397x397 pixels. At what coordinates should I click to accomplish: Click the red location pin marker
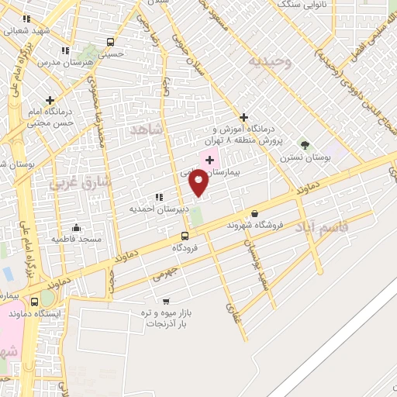[199, 184]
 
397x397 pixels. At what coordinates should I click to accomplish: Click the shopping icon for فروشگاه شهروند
[254, 213]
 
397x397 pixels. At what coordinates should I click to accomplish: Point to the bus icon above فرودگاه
[184, 236]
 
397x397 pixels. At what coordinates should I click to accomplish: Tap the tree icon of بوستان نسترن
[305, 145]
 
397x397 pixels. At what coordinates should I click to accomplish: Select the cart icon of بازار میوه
[165, 301]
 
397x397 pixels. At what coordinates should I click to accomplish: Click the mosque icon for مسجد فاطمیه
[76, 228]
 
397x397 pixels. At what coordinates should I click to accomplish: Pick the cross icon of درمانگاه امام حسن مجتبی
[50, 100]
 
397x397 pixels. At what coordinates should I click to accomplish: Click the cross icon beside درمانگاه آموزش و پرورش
[243, 117]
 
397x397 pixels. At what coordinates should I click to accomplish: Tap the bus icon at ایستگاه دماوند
[34, 302]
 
